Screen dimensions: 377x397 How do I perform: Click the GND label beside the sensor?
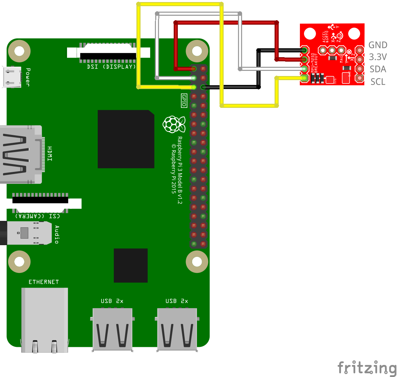[378, 45]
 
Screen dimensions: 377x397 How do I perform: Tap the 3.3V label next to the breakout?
[378, 57]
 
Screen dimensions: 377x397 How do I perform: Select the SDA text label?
[378, 69]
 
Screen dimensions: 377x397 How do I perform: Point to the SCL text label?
[378, 82]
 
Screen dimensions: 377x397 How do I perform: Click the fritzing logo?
[367, 368]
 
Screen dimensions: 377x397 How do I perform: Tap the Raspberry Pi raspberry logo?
[174, 124]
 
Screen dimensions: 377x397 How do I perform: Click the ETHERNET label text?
[43, 282]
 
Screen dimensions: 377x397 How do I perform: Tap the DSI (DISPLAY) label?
[111, 67]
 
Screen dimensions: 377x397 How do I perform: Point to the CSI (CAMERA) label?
[38, 216]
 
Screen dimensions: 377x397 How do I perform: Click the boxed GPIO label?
[184, 101]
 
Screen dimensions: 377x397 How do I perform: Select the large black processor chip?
[126, 139]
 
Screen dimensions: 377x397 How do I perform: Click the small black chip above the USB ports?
[131, 265]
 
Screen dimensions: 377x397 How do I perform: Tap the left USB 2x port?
[112, 329]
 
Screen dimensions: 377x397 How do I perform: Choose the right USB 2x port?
[177, 329]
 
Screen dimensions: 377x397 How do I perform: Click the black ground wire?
[259, 68]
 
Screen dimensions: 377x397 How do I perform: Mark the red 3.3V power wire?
[226, 23]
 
